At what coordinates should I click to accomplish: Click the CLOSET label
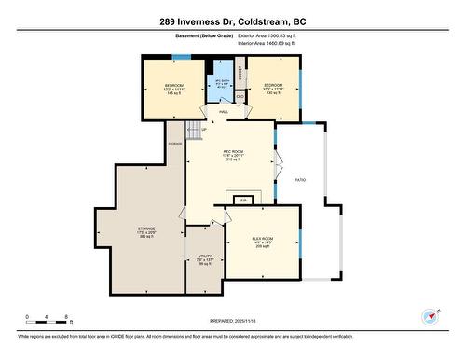240,72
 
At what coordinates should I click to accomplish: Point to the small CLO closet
240,95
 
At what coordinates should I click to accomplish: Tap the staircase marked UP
194,132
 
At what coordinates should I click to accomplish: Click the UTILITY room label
204,259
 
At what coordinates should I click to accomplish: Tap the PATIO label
300,180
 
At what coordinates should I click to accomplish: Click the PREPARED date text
232,320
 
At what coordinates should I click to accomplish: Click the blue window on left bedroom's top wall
181,57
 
